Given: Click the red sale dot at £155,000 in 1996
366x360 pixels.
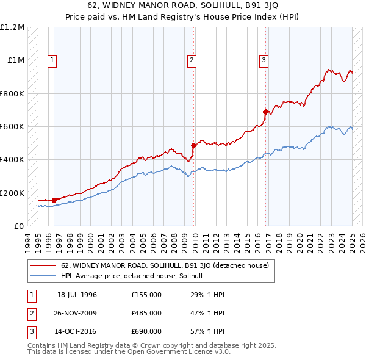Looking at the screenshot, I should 54,200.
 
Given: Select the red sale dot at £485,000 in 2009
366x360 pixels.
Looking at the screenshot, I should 193,146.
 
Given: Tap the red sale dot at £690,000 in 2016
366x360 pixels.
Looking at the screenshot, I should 265,112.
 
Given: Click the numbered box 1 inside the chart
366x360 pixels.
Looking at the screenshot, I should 52,60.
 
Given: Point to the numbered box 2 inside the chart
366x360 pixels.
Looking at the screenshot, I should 192,60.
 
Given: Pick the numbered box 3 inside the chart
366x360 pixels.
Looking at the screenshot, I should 264,60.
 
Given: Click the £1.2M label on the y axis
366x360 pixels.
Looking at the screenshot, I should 13,27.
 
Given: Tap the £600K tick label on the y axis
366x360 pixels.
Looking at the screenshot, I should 13,127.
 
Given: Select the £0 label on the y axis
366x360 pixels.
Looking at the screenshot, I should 18,226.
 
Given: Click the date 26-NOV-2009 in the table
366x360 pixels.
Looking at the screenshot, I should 77,313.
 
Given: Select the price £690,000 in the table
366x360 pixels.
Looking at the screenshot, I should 146,331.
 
